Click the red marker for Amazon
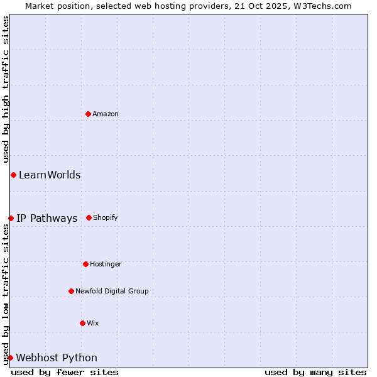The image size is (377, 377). [x=88, y=114]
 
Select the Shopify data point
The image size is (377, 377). [x=89, y=217]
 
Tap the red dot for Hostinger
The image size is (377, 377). [x=85, y=264]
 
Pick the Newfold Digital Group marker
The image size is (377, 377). [x=71, y=291]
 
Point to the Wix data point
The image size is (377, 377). [x=82, y=323]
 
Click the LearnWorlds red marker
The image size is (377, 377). [x=13, y=175]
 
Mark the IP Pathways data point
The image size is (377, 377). [x=11, y=218]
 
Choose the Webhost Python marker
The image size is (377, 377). [x=10, y=358]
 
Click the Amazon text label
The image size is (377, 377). [x=106, y=114]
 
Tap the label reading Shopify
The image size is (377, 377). [x=106, y=218]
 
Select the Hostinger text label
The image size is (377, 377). [x=106, y=265]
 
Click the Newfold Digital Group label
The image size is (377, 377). [x=112, y=292]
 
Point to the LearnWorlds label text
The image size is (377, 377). [x=50, y=175]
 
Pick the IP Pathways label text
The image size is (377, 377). [x=47, y=219]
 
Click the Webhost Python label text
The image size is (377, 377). [x=57, y=358]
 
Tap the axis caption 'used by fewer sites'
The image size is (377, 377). [x=65, y=372]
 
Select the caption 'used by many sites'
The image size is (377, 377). [x=315, y=372]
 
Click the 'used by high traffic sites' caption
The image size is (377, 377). [x=6, y=89]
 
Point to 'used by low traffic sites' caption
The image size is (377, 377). [x=6, y=294]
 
